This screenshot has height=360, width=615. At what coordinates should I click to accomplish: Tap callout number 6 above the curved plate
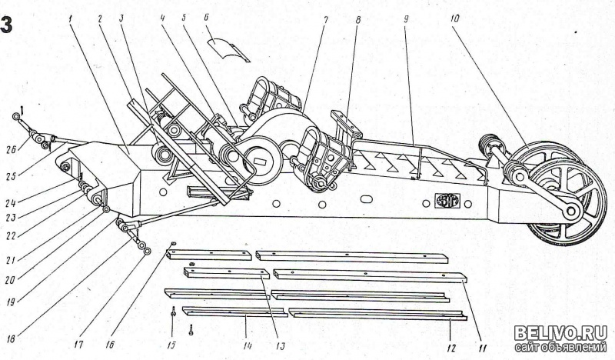(207, 18)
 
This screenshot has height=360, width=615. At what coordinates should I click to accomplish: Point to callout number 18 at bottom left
(11, 338)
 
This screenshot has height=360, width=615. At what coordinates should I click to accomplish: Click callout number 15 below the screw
(171, 345)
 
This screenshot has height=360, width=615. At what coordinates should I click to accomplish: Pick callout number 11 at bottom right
(483, 348)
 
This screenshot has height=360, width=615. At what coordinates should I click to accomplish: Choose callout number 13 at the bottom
(280, 345)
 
